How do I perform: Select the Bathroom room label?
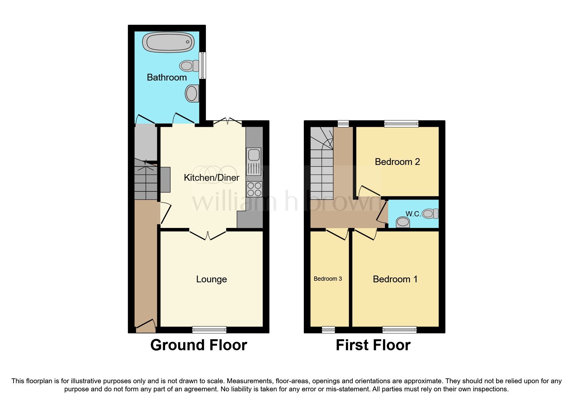tap(167, 78)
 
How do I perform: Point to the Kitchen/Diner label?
tap(211, 178)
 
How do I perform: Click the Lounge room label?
tap(211, 279)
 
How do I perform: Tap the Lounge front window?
tap(209, 330)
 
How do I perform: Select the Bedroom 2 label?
tap(397, 162)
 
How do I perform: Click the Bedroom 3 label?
tap(328, 279)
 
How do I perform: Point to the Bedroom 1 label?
tap(395, 279)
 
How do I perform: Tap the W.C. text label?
tap(413, 214)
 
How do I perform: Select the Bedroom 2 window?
tap(401, 123)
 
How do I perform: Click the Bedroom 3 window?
tap(328, 330)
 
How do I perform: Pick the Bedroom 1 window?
tap(399, 330)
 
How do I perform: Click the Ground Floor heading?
tap(199, 345)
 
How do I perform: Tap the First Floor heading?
tap(373, 345)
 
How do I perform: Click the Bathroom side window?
tap(202, 66)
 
